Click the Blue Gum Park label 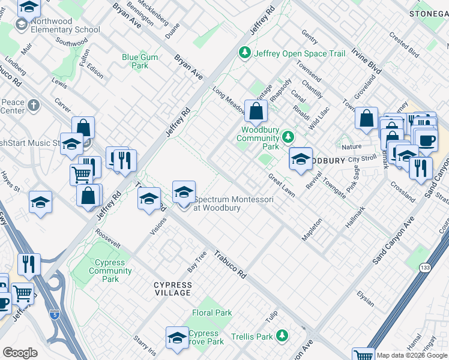[x=135, y=61]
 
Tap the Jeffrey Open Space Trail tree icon [x=245, y=53]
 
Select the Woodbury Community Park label [x=260, y=138]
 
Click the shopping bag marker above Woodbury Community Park [x=256, y=111]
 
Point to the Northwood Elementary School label [x=65, y=25]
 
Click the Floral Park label [x=212, y=313]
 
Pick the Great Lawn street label [x=281, y=185]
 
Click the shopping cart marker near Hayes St [x=82, y=175]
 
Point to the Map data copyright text [x=412, y=355]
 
